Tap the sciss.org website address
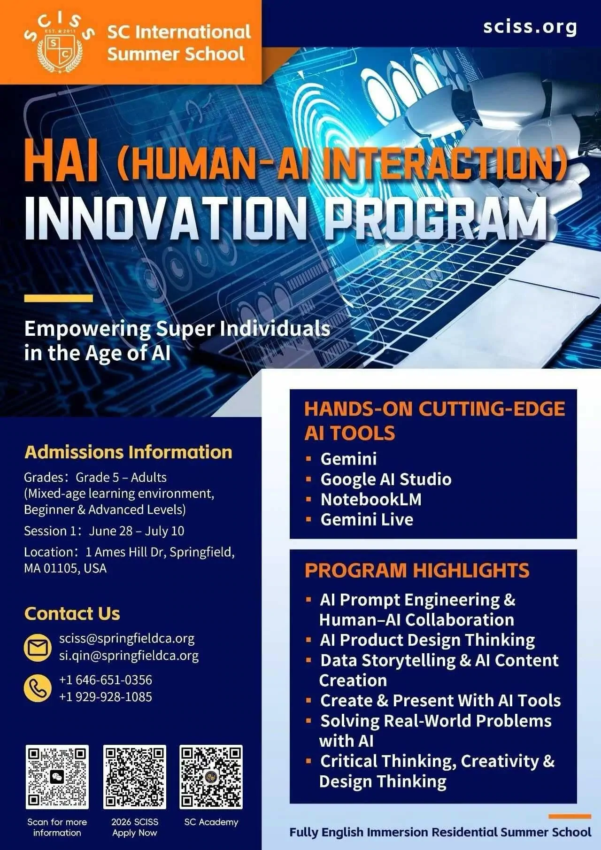(x=530, y=27)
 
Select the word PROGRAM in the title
(x=437, y=219)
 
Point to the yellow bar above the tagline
(x=58, y=298)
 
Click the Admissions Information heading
(x=128, y=452)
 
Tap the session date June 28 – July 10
(x=137, y=531)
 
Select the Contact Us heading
(x=72, y=614)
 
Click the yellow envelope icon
(x=38, y=648)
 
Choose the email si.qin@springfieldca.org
(x=129, y=656)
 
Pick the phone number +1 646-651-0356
(x=106, y=680)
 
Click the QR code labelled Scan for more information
(x=57, y=777)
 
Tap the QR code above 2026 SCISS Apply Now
(x=135, y=777)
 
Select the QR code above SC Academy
(x=211, y=777)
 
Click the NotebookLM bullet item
(x=371, y=499)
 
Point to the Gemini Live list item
(x=367, y=519)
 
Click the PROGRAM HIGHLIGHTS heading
(x=417, y=571)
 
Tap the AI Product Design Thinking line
(x=427, y=640)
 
